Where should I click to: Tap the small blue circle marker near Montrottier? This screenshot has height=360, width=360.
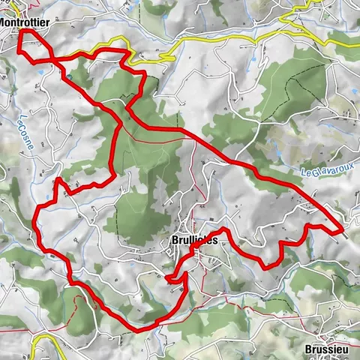point(68,76)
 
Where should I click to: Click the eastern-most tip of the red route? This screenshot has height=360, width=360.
point(343,226)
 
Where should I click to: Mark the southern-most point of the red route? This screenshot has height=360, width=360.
point(139,329)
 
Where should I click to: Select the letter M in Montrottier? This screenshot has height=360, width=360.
point(4,22)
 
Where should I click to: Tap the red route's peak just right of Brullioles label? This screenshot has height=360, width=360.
point(223,228)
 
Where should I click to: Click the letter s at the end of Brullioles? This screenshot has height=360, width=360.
point(214,240)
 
